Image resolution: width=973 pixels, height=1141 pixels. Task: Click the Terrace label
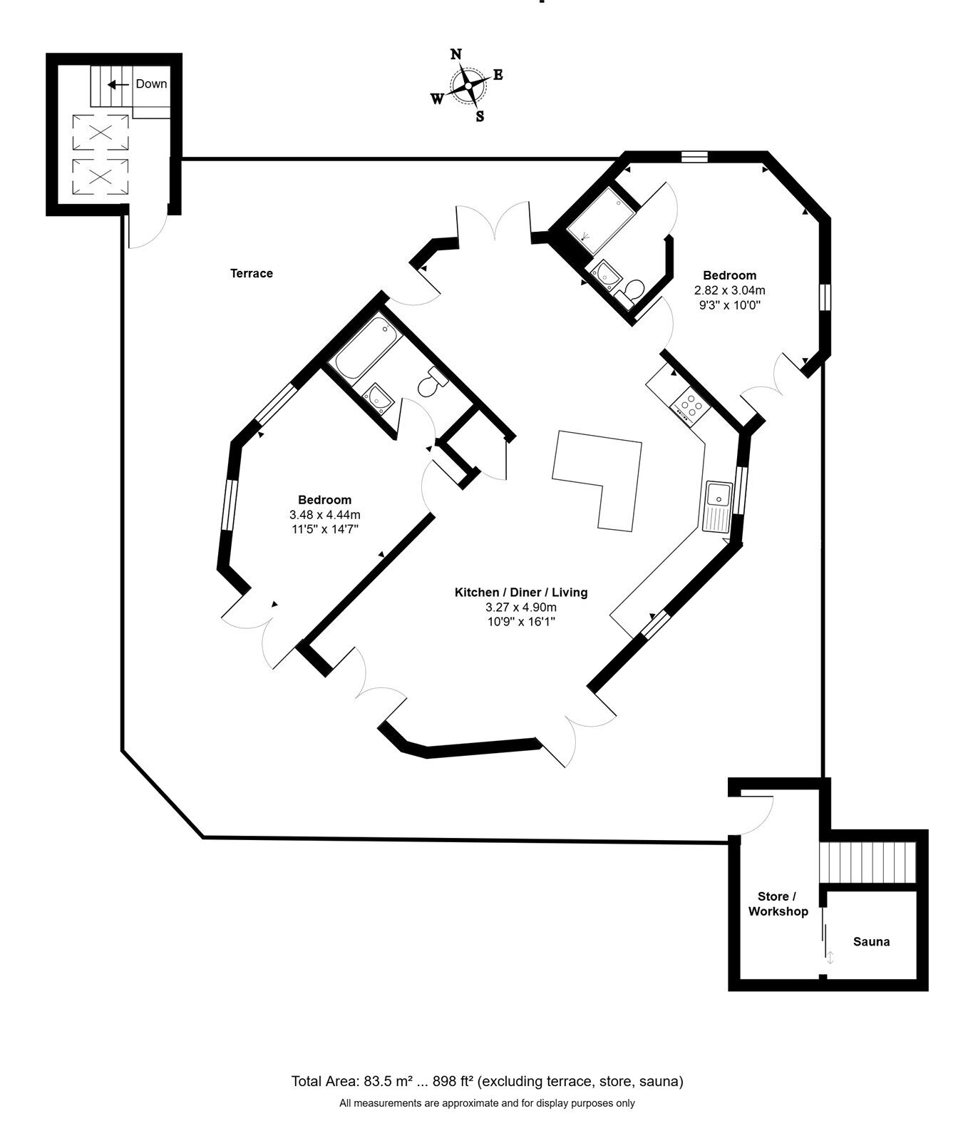[252, 273]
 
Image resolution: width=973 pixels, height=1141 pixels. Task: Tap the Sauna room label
[871, 941]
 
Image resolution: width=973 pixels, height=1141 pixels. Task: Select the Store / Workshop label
[778, 904]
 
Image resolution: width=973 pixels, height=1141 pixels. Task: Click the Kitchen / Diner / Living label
[521, 592]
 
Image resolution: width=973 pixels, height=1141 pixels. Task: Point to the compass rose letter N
[456, 55]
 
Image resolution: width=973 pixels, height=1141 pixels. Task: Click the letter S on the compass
[480, 116]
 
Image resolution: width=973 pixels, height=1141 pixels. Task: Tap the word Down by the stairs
[151, 83]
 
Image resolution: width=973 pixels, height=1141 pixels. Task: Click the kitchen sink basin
[718, 493]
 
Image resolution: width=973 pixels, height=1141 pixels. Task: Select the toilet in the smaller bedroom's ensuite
[630, 291]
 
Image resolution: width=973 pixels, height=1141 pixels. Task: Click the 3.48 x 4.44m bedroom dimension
[324, 514]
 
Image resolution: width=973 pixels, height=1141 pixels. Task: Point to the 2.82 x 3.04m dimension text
[729, 290]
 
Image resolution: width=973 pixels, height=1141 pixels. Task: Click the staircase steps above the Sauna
[867, 863]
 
